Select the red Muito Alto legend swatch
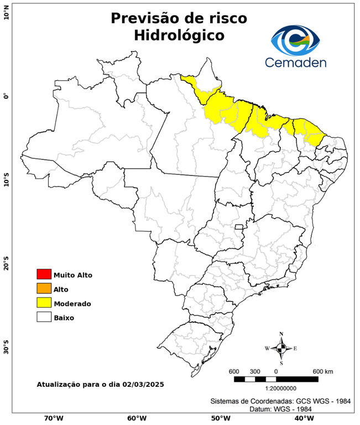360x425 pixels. (x=44, y=274)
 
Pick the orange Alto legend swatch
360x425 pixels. (x=44, y=288)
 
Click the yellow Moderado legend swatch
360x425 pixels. (x=44, y=303)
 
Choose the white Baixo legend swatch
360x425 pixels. (x=44, y=317)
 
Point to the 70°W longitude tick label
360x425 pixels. (x=53, y=418)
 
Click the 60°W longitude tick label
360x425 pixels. (x=137, y=418)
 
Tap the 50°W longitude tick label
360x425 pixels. (x=220, y=418)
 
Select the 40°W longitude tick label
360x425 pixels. (x=302, y=418)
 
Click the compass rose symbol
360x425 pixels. (x=281, y=348)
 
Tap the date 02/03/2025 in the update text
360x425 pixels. (x=143, y=383)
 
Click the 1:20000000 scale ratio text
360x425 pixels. (x=275, y=388)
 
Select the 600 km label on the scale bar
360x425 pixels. (x=323, y=371)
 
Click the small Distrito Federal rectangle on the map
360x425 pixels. (x=239, y=227)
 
